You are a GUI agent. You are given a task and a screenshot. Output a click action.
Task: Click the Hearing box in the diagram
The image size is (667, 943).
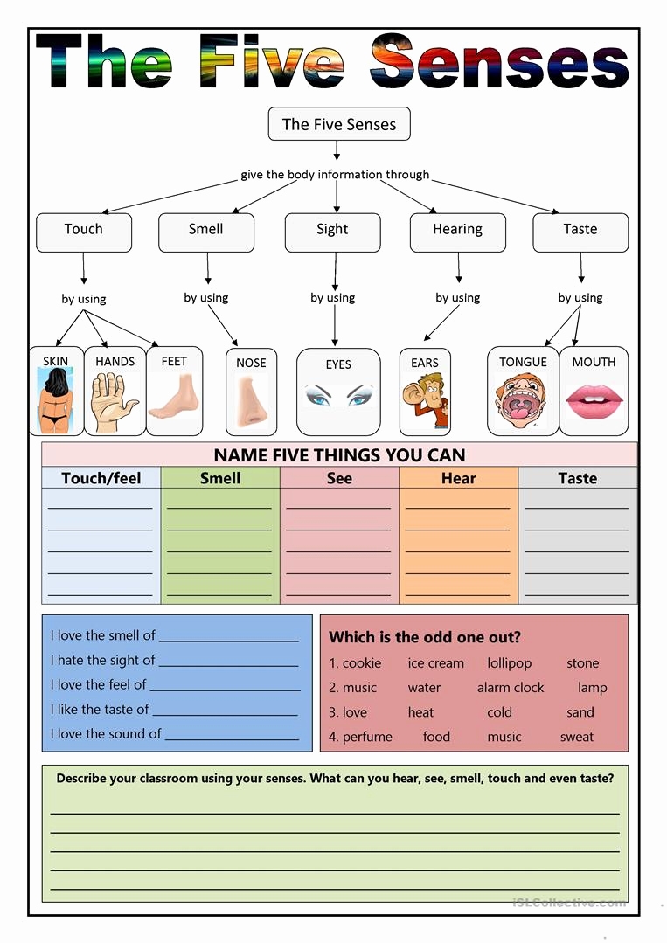(457, 232)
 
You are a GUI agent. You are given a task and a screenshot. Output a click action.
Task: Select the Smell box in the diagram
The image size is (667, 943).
(206, 232)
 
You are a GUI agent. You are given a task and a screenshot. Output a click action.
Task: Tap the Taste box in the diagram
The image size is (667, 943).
(580, 232)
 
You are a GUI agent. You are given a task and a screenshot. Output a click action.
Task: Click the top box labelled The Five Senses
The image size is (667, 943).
(339, 124)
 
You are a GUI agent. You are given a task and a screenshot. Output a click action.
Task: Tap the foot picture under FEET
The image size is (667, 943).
(173, 400)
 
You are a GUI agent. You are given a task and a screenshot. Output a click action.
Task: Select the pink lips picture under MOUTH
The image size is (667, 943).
(594, 402)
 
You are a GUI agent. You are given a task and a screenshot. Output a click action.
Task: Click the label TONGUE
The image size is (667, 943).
(523, 362)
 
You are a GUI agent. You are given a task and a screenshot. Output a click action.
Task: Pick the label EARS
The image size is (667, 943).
(425, 363)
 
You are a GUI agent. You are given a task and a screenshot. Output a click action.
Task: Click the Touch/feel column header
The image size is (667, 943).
(101, 478)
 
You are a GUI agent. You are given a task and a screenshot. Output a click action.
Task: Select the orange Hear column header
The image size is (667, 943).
(459, 478)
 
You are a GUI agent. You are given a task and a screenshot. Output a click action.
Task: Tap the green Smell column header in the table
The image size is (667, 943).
(220, 478)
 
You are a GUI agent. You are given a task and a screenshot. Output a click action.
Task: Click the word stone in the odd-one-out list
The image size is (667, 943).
(583, 663)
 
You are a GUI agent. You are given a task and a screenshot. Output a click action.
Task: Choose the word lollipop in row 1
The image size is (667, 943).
(510, 663)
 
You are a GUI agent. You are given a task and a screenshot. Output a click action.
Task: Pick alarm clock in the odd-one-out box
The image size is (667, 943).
(511, 688)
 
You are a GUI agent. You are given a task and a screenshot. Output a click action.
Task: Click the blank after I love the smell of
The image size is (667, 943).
(229, 636)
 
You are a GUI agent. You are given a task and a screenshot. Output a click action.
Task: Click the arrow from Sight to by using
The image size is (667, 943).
(335, 271)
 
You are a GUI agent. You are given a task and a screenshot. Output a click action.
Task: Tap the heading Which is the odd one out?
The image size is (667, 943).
(425, 637)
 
